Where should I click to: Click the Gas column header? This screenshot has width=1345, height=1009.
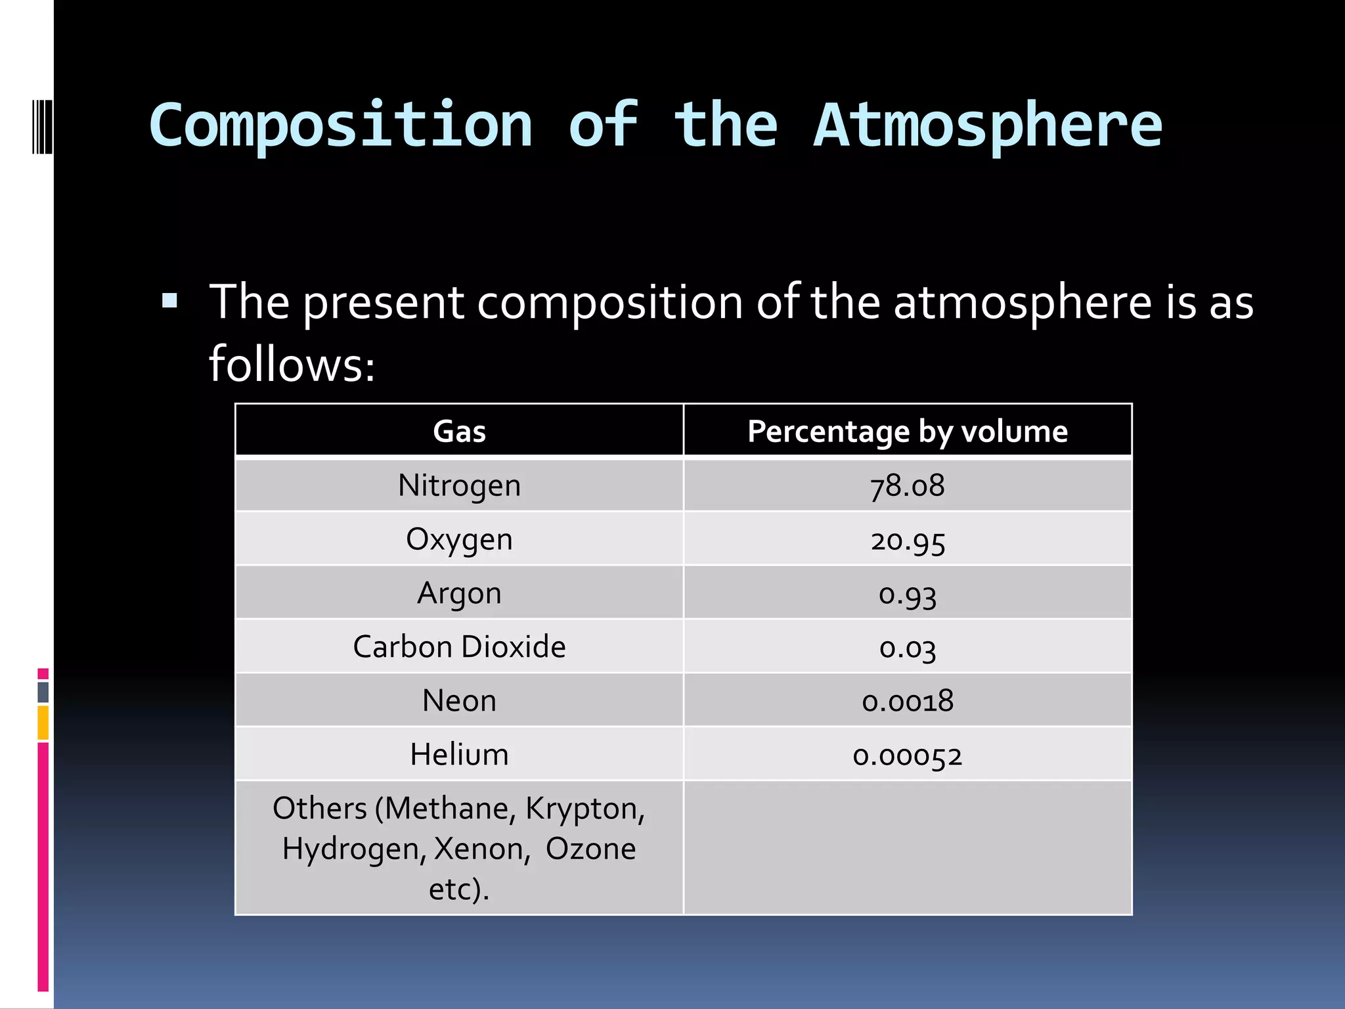tap(459, 432)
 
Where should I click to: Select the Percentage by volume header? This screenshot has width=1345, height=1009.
tap(907, 432)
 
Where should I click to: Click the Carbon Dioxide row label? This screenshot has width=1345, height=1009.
tap(459, 647)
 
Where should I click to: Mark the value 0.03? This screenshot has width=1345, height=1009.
tap(907, 648)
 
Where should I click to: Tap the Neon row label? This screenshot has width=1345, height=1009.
tap(459, 701)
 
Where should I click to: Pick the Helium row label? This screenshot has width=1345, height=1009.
tap(459, 755)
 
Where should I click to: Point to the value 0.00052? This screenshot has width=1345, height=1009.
tap(907, 756)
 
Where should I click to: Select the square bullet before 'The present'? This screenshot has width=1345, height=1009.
tap(169, 302)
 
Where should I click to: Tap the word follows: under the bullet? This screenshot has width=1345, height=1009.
tap(292, 364)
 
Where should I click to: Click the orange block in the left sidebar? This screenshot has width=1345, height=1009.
tap(43, 723)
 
